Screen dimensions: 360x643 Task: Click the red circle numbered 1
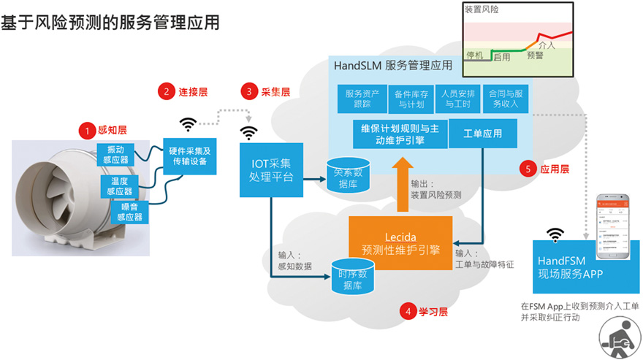coord(87,131)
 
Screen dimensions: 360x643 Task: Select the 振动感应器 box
coord(114,154)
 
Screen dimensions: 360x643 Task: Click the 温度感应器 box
coord(120,185)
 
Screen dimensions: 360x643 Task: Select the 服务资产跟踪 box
coord(363,99)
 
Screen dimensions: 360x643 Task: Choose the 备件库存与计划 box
coord(411,99)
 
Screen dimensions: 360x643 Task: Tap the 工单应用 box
coord(483,134)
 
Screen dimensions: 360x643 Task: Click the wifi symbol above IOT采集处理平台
coord(250,132)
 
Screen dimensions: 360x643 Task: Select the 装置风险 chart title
coord(483,10)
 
